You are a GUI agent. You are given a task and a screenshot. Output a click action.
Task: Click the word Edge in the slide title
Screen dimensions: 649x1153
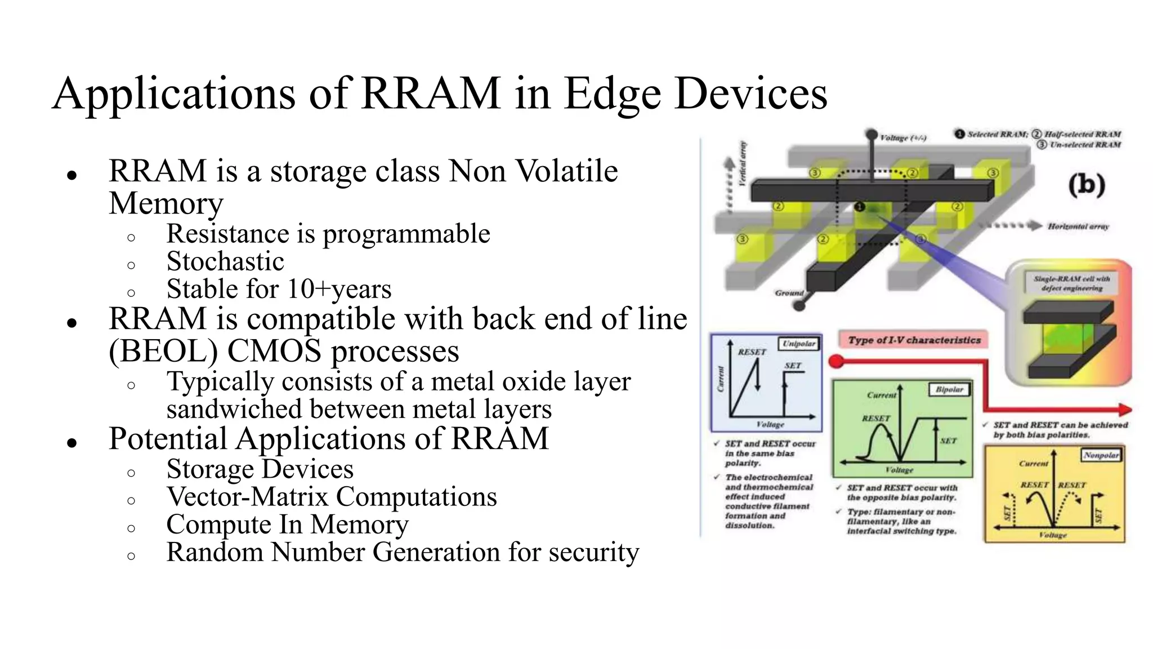612,94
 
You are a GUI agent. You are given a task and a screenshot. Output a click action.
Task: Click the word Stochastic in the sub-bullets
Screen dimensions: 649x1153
225,261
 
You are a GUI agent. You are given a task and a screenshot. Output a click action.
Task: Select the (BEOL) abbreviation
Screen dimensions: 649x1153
163,352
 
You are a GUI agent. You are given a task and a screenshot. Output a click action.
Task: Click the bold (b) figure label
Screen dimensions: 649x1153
1087,185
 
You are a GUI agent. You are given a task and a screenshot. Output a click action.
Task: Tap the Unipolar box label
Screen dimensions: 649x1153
799,344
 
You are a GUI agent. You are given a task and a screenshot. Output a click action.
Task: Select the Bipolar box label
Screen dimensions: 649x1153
949,389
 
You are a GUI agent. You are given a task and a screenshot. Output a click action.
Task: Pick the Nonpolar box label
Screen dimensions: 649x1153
1101,455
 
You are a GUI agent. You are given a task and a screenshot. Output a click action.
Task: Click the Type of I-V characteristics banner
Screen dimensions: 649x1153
914,340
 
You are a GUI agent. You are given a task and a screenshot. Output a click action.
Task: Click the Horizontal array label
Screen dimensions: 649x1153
1078,226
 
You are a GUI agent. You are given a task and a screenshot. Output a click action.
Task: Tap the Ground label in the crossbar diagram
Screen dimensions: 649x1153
789,293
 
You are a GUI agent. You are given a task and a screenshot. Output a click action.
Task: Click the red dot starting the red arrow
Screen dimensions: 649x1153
837,361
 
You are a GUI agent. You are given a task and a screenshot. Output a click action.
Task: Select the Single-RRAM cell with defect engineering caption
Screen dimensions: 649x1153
1071,283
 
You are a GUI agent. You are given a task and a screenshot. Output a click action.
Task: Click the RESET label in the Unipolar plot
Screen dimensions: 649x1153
752,352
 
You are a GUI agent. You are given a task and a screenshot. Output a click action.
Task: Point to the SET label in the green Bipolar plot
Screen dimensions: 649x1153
948,441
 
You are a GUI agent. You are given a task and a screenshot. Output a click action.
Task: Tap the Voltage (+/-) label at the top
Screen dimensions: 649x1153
903,138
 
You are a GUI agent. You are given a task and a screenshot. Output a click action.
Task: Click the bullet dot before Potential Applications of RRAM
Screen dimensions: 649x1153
71,442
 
